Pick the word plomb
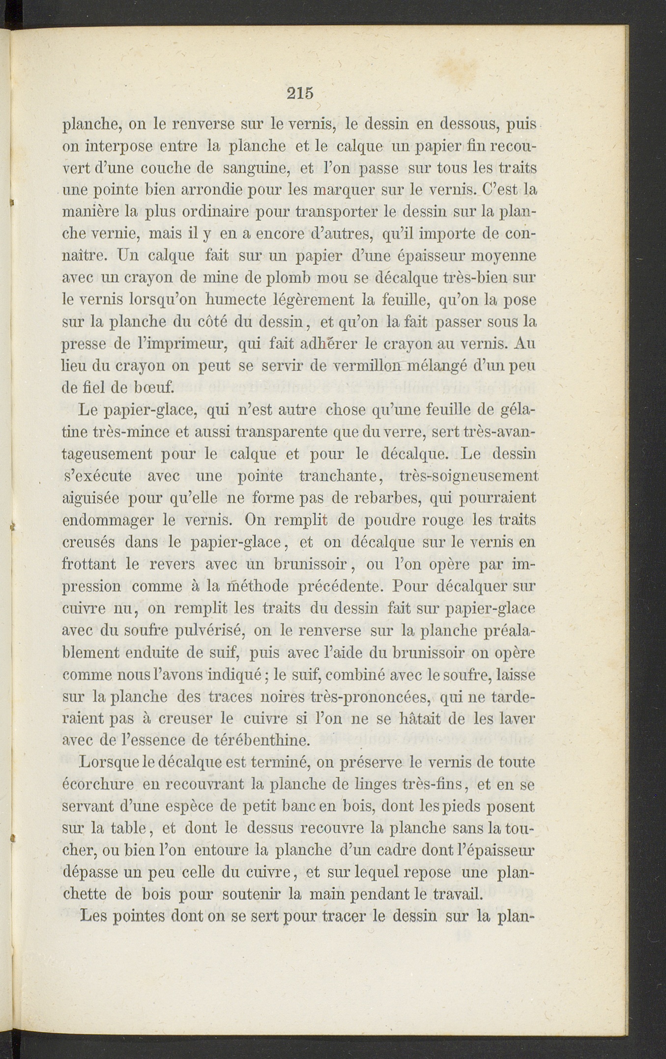point(283,278)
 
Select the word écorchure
point(98,785)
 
